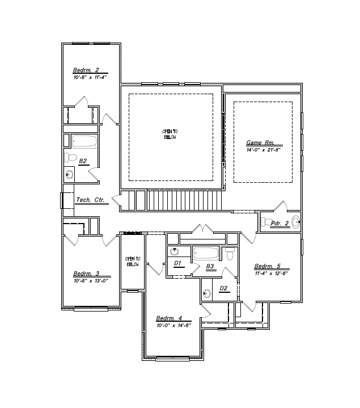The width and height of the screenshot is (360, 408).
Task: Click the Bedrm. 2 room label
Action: (86, 70)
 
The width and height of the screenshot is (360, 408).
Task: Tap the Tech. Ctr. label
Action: (92, 200)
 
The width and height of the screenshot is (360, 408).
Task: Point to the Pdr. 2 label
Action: (279, 224)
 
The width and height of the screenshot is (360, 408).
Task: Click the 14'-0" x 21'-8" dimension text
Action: (264, 149)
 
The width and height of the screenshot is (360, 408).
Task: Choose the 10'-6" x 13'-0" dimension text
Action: (90, 280)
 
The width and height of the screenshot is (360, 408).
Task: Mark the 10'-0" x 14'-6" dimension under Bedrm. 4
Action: (173, 325)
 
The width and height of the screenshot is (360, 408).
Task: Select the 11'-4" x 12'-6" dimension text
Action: (272, 273)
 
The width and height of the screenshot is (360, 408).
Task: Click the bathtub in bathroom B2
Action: (84, 142)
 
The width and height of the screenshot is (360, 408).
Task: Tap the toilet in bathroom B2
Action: (70, 157)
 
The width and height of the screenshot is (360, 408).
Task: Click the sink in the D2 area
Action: (207, 293)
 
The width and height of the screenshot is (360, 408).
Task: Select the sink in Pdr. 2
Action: (295, 222)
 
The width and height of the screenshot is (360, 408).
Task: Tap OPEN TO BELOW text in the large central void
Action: (170, 134)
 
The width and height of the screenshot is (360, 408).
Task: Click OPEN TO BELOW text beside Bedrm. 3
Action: (133, 262)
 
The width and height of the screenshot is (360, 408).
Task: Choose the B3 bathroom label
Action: (210, 266)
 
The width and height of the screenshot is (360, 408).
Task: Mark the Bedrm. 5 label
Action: (267, 266)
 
